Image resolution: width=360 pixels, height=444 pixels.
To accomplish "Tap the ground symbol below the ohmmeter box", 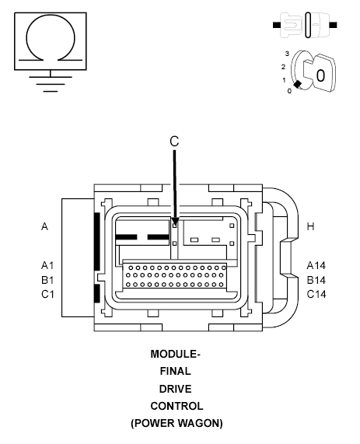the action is click(51, 84).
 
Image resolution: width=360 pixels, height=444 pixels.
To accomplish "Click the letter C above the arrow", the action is click(174, 141).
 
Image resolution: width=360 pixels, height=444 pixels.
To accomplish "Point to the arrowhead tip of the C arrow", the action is click(175, 225).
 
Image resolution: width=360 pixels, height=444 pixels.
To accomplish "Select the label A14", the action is click(316, 266).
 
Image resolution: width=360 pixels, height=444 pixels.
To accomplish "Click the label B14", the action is click(316, 280).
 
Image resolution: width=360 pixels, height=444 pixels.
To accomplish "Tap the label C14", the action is click(316, 295).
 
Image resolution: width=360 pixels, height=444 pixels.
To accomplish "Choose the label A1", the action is click(47, 266).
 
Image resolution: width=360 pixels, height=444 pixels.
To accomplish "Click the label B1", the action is click(47, 280).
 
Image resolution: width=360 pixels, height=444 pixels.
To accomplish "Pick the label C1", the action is click(47, 295).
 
